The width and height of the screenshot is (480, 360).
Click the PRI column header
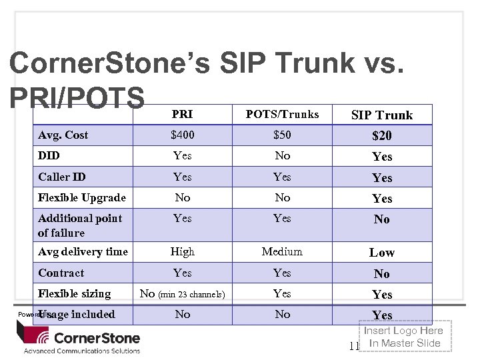[182, 115]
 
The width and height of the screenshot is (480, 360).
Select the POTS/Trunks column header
[282, 115]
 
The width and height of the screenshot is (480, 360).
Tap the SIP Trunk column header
[382, 115]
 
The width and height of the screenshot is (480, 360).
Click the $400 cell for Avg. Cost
[182, 135]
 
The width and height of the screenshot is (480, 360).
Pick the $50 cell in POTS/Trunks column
[282, 135]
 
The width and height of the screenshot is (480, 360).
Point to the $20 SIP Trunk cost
[382, 136]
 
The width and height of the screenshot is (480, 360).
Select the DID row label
[49, 156]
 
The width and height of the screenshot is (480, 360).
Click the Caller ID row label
[62, 177]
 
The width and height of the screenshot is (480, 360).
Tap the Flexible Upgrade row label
[82, 198]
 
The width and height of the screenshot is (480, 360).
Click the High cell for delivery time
[182, 252]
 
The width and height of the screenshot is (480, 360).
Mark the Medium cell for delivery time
[282, 252]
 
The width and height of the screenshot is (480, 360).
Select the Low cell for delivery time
[382, 253]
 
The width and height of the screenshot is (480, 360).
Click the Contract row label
[61, 273]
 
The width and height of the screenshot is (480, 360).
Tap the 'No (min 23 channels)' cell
[182, 294]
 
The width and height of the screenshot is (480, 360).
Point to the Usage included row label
[77, 315]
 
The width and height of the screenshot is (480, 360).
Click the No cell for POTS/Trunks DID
[283, 156]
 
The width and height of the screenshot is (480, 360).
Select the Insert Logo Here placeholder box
[405, 337]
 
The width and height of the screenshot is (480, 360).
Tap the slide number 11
[354, 346]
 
